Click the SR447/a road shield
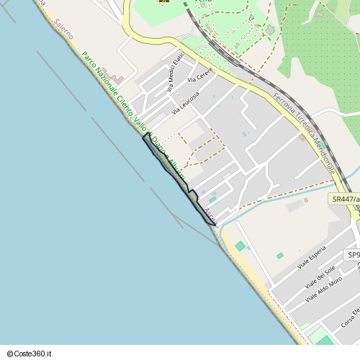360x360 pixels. pos(344,198)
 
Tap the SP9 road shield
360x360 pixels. pos(353,255)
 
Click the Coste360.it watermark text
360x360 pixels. pos(29,354)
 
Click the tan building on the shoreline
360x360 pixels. pos(115,77)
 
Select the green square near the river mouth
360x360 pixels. pos(240,246)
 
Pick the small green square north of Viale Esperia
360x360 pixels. pos(279,256)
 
